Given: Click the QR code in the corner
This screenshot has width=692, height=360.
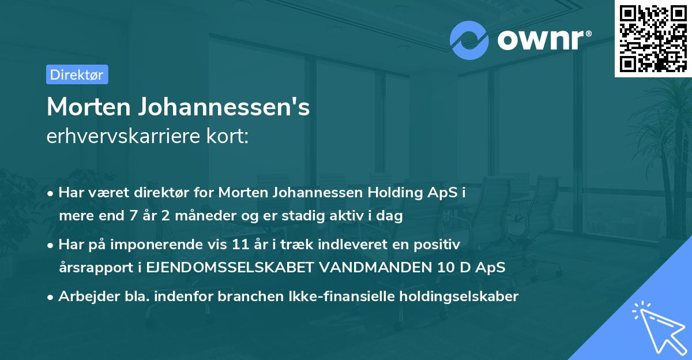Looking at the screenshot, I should point(653,38).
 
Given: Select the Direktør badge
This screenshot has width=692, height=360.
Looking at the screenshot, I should point(77,74).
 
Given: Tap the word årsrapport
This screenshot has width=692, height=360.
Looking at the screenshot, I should point(95,268).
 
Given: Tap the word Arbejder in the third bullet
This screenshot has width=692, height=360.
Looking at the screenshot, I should point(84,297).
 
